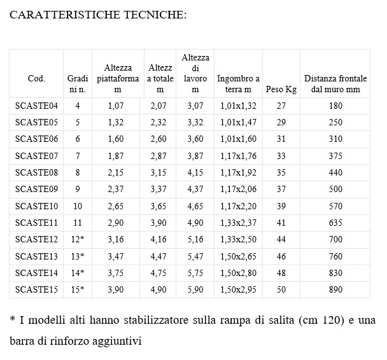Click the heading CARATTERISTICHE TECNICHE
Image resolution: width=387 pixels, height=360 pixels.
coord(98,16)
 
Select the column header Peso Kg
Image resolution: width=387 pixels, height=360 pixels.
coord(281,89)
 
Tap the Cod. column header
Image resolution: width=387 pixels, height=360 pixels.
coord(36,79)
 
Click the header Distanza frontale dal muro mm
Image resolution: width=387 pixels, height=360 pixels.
coord(335,84)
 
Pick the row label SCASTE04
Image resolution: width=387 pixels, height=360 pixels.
coord(36,106)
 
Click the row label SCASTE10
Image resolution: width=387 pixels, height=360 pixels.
coord(36,206)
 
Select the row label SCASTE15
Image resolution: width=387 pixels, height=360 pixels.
coord(36,289)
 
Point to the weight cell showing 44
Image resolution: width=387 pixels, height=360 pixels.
coord(281,240)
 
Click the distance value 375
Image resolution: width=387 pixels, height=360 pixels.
coord(335,156)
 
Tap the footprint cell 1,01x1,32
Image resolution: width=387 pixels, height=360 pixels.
coord(238,106)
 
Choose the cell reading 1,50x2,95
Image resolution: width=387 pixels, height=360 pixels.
coord(238,289)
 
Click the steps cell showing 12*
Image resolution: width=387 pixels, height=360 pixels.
coord(78,240)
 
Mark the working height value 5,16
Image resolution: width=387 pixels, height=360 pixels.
coord(195,240)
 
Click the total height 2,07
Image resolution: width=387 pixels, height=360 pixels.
coord(158,106)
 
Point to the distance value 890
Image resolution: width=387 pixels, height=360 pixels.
coord(335,289)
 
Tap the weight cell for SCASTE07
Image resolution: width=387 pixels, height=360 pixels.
coord(281,156)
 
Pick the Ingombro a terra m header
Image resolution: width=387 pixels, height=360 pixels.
coord(238,84)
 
